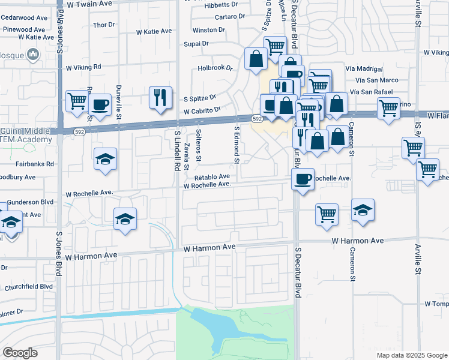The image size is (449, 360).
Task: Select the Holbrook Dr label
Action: coord(215,68)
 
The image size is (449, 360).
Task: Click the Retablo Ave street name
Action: coord(211,177)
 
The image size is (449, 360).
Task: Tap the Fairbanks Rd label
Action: coord(35,163)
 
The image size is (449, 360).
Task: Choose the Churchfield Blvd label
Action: coord(27,286)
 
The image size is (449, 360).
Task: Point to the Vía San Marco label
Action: coord(377,80)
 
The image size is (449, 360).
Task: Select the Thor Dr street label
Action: coord(104,25)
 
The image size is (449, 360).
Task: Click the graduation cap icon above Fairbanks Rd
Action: coord(105,159)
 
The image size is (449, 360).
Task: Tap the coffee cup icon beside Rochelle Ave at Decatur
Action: coord(303,178)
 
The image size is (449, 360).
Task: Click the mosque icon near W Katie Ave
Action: coord(32,55)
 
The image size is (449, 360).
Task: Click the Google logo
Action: coord(20,353)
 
